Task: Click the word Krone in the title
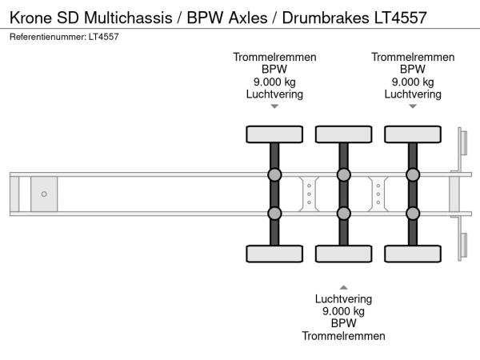pos(30,17)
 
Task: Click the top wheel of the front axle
pos(274,134)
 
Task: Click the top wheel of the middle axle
pos(343,134)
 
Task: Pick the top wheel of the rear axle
pos(413,134)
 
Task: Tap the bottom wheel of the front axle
pos(274,254)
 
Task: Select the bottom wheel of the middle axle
pos(343,254)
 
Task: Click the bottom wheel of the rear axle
pos(413,254)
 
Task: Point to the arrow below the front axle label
pos(274,106)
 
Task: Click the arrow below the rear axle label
pos(413,106)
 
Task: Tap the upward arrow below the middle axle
pos(343,286)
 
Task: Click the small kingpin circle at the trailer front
pos(44,194)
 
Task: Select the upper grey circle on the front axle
pos(274,175)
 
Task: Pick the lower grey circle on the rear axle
pos(413,213)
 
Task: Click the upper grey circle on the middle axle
pos(343,175)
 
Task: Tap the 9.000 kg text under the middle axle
pos(343,311)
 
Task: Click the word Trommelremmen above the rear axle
pos(413,57)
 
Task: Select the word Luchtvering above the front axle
pos(274,94)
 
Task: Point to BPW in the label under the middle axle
pos(343,323)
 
